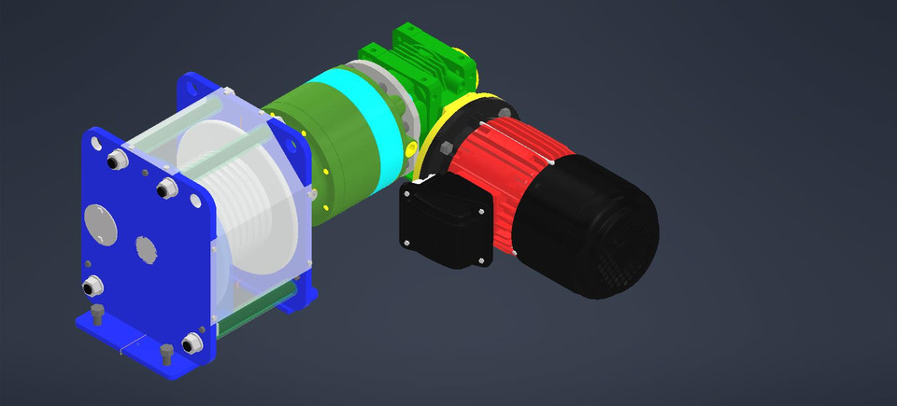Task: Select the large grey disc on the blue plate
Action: pyautogui.click(x=100, y=223)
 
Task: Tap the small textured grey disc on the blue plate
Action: pyautogui.click(x=145, y=249)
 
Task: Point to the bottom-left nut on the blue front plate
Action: pyautogui.click(x=94, y=284)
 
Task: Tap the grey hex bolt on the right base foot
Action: pyautogui.click(x=167, y=353)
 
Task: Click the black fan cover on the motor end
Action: pyautogui.click(x=598, y=229)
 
